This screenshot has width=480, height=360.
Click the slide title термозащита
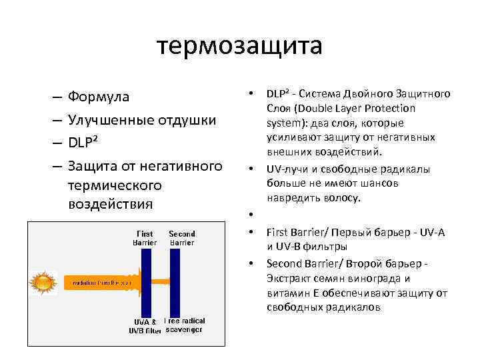[x=240, y=45]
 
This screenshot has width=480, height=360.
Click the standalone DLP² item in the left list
[x=85, y=143]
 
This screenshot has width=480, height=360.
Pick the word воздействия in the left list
[x=111, y=203]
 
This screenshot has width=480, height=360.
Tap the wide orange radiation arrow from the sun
[x=100, y=283]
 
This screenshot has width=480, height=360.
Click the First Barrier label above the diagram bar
[x=145, y=239]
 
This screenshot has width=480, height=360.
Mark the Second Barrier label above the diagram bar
[x=182, y=239]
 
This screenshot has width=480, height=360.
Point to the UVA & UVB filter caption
[x=145, y=326]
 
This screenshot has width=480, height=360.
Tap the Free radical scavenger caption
[x=185, y=325]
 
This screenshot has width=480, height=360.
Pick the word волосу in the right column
[x=343, y=198]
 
